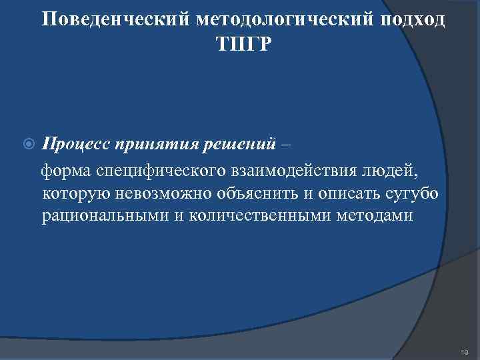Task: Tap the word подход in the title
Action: click(413, 20)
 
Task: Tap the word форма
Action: click(67, 172)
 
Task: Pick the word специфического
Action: click(162, 172)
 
